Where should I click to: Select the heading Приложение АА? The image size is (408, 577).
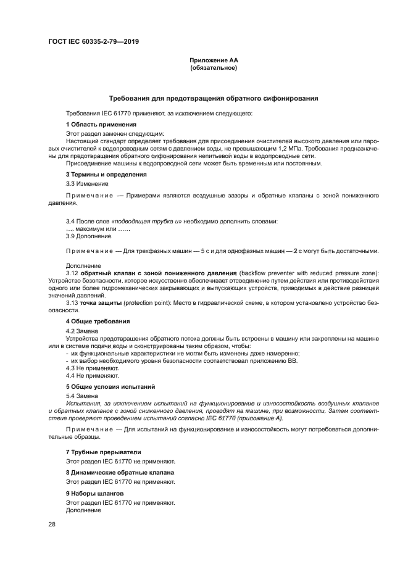214,60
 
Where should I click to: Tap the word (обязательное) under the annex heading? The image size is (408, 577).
214,68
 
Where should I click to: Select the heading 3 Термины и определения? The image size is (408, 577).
106,175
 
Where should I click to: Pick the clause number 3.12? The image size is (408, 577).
72,273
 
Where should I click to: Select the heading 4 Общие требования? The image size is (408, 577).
98,322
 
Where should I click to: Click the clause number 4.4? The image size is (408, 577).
71,375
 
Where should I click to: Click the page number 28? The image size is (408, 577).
52,525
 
